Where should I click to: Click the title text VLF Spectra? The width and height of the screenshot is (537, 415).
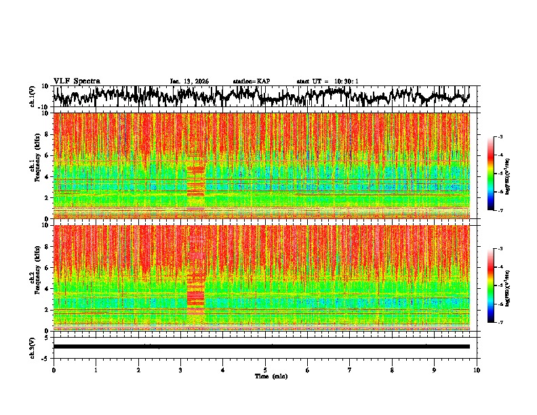pos(77,81)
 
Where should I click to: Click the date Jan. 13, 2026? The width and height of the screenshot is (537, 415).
pos(189,81)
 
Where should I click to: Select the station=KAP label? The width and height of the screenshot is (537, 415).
pos(252,81)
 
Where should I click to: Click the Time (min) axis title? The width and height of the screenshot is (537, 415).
pos(271,376)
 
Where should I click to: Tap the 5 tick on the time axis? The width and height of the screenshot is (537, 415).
pos(266,370)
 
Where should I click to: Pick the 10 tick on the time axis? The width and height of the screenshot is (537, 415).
pos(477,370)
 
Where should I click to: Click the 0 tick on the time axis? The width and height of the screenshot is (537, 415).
pos(54,370)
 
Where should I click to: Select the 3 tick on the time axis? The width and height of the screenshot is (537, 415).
pos(181,370)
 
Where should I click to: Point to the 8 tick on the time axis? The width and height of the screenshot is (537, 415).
pos(393,370)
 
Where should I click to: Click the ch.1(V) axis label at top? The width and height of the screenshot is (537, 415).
pos(33,96)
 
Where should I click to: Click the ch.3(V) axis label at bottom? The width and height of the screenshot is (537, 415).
pos(33,347)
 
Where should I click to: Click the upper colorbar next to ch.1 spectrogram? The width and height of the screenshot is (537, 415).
pos(496,174)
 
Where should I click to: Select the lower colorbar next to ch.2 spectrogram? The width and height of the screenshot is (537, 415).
pos(496,285)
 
